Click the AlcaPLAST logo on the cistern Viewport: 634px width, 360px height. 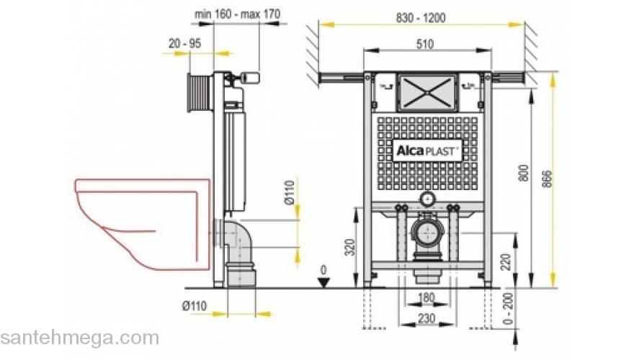point(427,151)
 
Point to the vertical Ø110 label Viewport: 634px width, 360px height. point(290,193)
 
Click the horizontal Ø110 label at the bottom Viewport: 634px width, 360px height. point(195,306)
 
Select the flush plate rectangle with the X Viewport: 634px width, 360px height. point(427,90)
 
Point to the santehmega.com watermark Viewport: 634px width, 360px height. point(79,338)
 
